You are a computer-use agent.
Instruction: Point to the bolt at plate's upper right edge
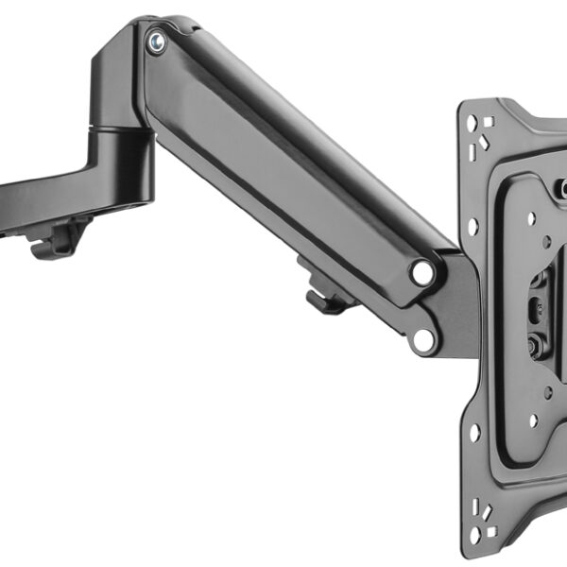pyautogui.click(x=562, y=189)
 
